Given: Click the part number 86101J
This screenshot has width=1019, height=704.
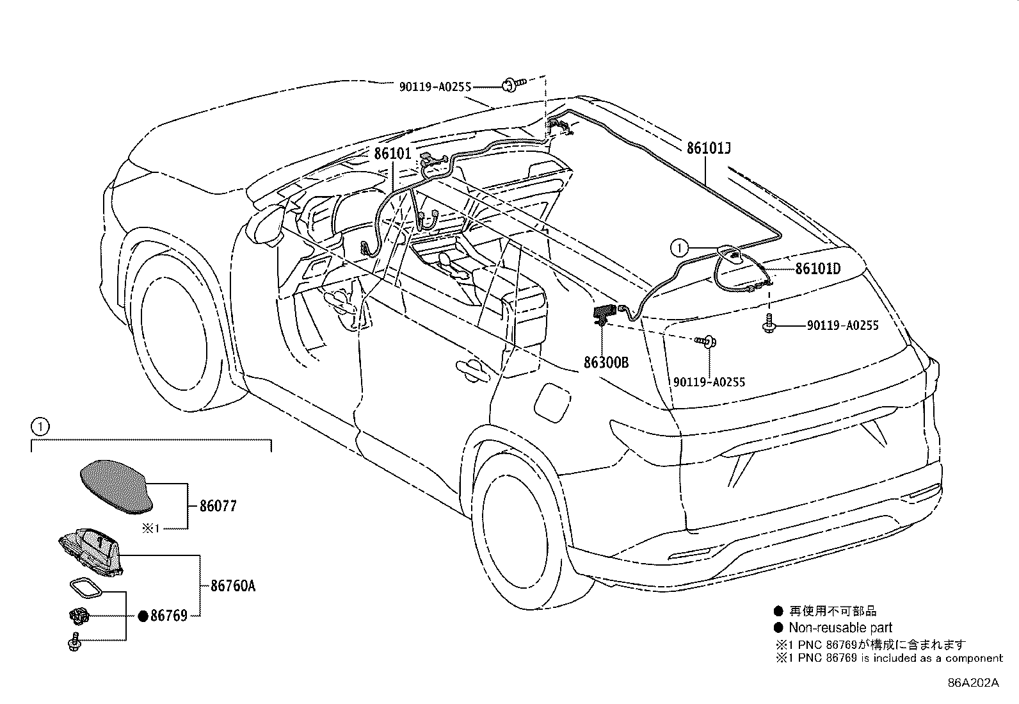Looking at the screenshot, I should (709, 149).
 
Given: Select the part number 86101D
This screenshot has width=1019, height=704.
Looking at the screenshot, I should (817, 269).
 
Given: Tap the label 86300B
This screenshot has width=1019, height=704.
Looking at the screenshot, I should (606, 363).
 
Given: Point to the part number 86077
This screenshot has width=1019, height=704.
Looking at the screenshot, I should (218, 506).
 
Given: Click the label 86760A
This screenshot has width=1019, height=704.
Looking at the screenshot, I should (232, 585).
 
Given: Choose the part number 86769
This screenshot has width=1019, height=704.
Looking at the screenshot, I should (168, 616).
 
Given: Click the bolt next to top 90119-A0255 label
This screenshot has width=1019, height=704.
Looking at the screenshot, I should (513, 83).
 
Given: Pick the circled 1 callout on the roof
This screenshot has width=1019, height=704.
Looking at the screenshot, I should (680, 246).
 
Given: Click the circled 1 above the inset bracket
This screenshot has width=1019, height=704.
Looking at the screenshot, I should (40, 425).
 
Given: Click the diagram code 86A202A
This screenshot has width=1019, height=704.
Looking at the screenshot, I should (973, 683).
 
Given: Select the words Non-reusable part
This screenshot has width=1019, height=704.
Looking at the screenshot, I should (840, 628).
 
